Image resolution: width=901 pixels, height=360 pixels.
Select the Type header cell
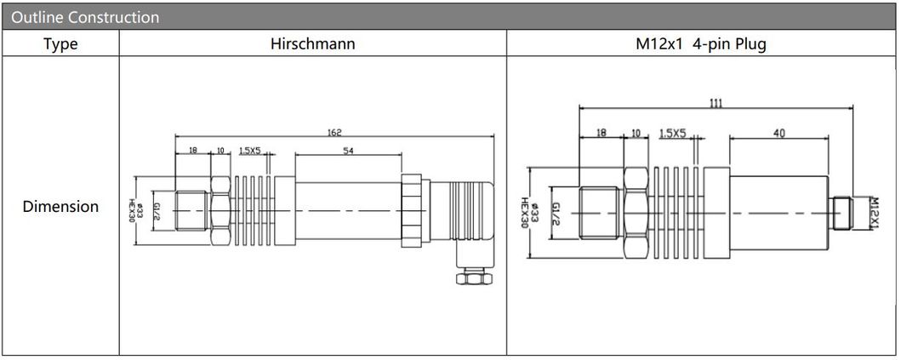pos(60,44)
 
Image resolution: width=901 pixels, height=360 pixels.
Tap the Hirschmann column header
pos(312,44)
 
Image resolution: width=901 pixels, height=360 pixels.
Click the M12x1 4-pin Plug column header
pos(700,44)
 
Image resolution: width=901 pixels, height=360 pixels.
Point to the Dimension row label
pos(60,207)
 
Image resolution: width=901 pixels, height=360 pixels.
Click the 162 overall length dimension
pos(334,132)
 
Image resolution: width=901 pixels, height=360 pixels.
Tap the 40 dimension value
pos(779,133)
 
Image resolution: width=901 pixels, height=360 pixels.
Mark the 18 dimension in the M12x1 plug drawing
pos(602,133)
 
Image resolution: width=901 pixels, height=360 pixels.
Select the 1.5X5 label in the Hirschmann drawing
pos(249,151)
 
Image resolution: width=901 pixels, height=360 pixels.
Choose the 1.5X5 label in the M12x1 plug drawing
pos(672,134)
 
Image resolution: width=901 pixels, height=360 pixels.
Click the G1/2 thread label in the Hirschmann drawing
pos(157,209)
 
